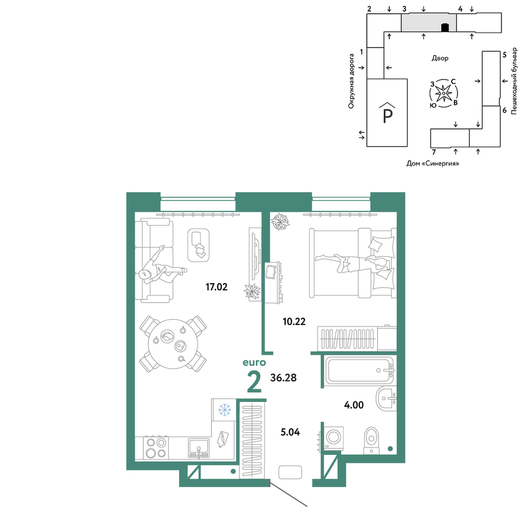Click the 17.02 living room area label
click(216, 287)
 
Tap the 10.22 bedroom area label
click(294, 322)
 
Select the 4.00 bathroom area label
click(354, 405)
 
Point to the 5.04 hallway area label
click(290, 432)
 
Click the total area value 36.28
click(283, 378)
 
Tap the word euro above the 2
click(254, 363)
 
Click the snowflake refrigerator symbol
click(225, 410)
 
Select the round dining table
click(173, 344)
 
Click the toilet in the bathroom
click(372, 441)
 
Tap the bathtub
click(360, 370)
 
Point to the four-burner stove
click(156, 448)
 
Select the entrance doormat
click(290, 472)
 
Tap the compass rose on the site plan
click(443, 93)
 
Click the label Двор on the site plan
click(440, 58)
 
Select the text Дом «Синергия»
click(432, 163)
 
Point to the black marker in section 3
click(445, 27)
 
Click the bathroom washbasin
click(386, 399)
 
